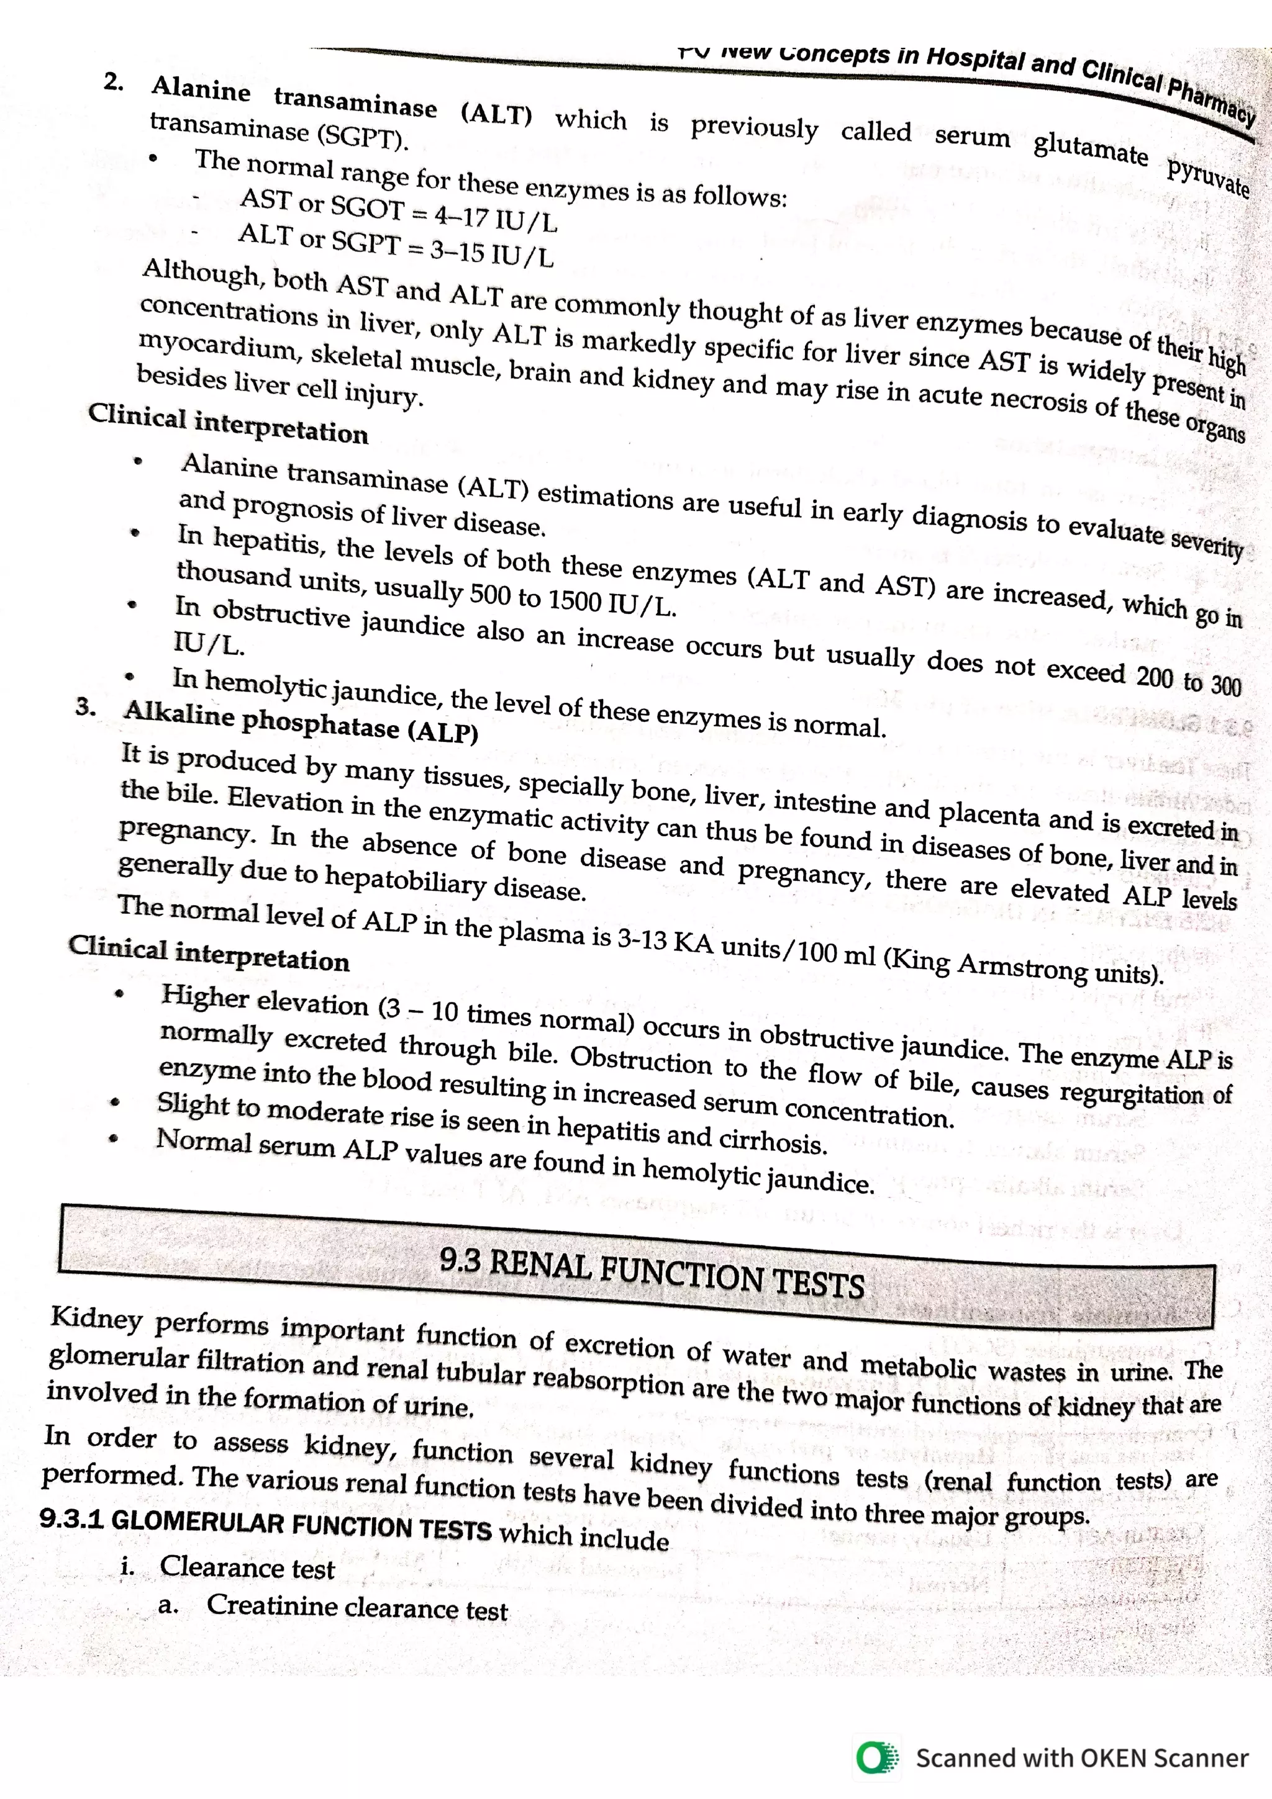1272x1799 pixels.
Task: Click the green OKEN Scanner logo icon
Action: [877, 1757]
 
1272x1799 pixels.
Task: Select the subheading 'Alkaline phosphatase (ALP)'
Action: [300, 721]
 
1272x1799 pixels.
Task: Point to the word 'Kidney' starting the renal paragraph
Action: [96, 1318]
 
